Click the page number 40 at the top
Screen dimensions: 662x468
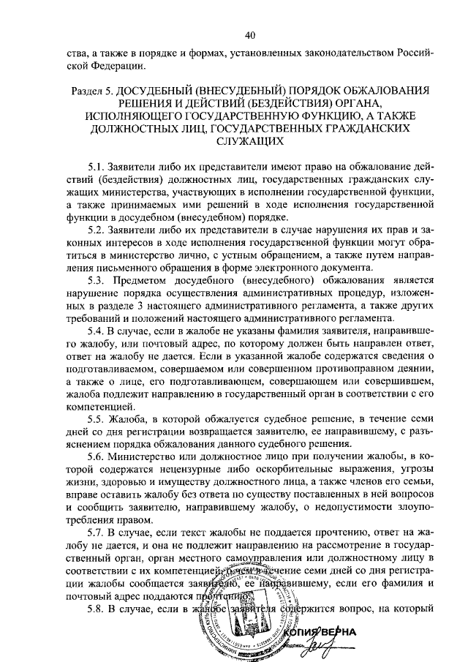coord(251,34)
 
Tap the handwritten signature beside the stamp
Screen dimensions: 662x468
coord(361,644)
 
